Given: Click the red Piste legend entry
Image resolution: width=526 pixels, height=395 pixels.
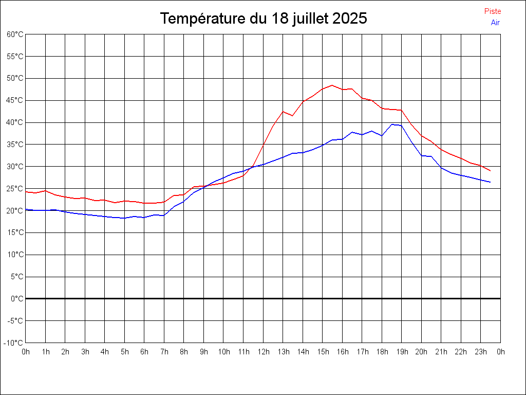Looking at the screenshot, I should tap(493, 11).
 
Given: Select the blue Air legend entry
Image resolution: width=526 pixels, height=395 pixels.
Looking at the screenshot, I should tap(495, 23).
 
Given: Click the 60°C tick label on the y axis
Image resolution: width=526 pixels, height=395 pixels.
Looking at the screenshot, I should tap(15, 34).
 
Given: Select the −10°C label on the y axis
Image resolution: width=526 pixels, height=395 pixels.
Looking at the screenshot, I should tap(14, 343).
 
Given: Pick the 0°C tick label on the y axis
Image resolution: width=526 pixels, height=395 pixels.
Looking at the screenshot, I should tap(17, 299).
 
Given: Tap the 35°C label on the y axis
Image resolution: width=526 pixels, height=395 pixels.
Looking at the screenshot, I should tap(15, 145).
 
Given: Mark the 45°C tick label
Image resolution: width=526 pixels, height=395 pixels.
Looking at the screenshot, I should tap(15, 100).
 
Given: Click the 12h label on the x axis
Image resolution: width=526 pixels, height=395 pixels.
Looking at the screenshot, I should tap(263, 352).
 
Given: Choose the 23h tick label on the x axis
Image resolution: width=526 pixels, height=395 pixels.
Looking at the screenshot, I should tap(481, 352).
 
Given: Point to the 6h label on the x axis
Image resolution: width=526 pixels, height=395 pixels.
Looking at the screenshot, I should tap(144, 352).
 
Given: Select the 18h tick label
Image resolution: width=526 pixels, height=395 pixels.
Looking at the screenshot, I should tap(382, 352).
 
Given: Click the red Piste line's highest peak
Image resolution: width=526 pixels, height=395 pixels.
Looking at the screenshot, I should tap(332, 85).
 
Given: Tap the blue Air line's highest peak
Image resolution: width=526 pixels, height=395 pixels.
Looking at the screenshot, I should tap(392, 124).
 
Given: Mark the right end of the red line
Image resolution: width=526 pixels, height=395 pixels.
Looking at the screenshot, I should tap(491, 171).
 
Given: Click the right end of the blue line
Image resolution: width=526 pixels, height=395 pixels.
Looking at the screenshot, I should tap(491, 182).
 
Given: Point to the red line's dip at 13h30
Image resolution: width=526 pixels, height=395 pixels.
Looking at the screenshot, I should tap(293, 116).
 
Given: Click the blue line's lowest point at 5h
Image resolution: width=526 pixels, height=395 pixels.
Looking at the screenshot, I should tap(124, 218).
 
